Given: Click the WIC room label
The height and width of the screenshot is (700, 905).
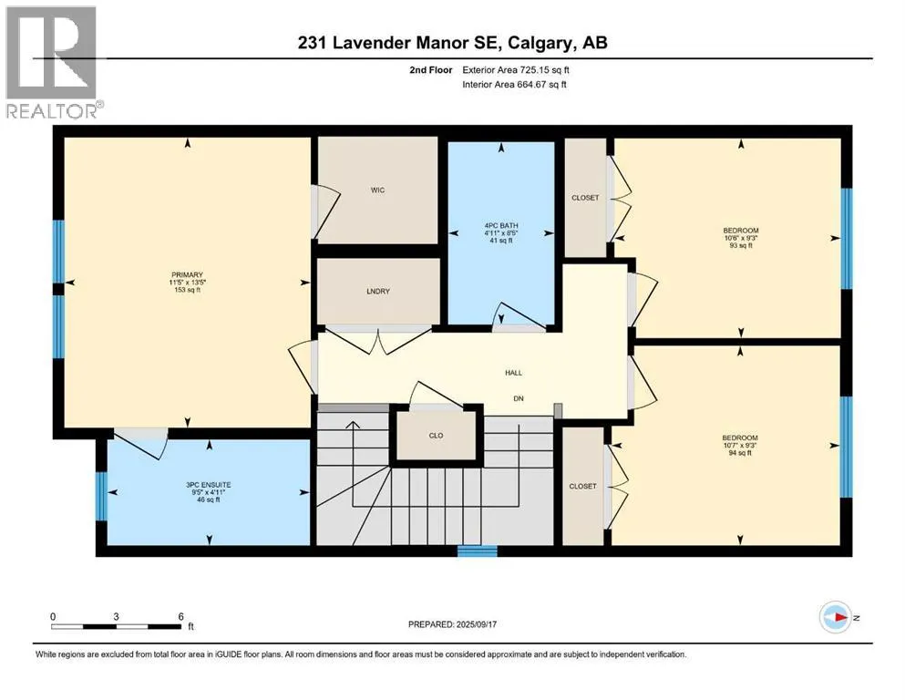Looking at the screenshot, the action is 377,190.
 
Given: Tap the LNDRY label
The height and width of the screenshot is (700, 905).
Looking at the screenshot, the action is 378,292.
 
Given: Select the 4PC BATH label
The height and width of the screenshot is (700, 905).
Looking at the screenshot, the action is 501,226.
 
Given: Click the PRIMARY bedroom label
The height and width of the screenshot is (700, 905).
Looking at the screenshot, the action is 187,274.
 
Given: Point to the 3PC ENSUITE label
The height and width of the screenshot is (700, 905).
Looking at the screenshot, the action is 209,485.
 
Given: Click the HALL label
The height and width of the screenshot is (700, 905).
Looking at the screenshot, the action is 514,373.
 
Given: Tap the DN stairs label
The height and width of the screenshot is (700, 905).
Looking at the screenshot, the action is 519,398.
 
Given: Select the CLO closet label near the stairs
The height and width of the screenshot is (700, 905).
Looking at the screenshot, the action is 436,436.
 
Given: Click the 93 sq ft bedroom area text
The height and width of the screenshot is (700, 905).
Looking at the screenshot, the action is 741,245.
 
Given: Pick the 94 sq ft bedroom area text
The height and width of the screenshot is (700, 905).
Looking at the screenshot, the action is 740,453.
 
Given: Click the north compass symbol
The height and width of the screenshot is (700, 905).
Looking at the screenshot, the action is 836,617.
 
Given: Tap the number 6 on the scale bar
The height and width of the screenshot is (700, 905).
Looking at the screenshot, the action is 180,616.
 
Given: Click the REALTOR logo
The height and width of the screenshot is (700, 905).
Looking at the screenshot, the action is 52,62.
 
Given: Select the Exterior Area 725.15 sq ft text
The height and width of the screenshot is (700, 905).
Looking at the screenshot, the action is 516,70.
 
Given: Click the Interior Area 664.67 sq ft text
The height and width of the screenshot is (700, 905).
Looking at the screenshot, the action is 514,84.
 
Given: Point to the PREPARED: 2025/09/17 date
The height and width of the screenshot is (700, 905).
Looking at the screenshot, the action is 452,624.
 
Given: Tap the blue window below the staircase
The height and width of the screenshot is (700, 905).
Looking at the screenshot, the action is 478,551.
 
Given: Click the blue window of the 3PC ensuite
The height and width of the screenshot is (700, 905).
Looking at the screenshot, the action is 101,497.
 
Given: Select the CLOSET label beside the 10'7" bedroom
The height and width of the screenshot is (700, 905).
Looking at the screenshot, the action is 583,486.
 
